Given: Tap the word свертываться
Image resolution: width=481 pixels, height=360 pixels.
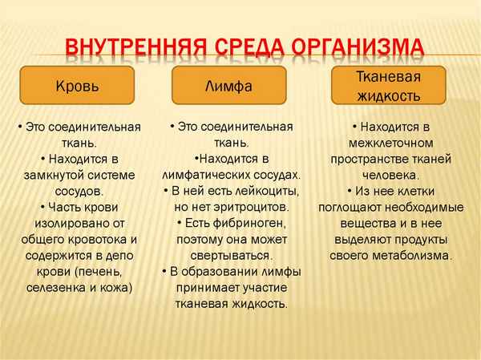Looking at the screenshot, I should (229, 254).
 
